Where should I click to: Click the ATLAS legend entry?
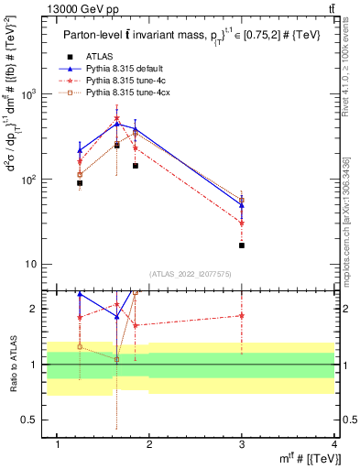click(x=98, y=56)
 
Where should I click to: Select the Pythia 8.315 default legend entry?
click(x=118, y=68)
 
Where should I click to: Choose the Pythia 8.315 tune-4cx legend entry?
click(x=120, y=93)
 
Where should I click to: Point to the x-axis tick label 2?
click(x=150, y=444)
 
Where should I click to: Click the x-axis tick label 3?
click(x=242, y=444)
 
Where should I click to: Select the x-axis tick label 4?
click(x=334, y=444)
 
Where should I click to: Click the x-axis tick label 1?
click(x=58, y=444)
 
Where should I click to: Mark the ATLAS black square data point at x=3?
click(x=242, y=245)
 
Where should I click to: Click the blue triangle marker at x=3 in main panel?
click(x=242, y=205)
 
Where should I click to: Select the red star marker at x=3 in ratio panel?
click(x=242, y=315)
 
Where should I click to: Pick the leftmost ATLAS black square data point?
click(x=80, y=183)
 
